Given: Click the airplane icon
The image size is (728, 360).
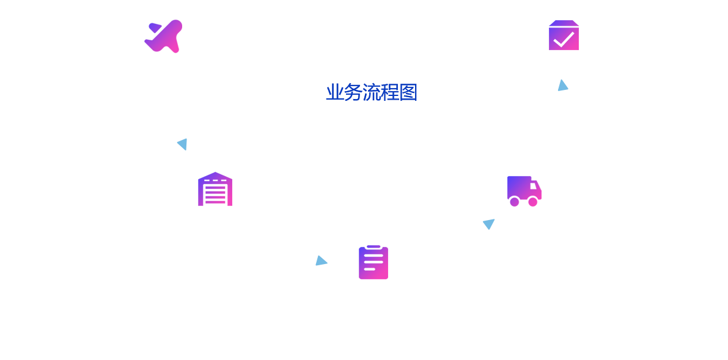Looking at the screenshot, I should [x=164, y=36].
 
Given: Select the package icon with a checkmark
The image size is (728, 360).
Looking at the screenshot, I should [x=564, y=35].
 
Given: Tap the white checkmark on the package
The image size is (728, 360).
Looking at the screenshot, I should [x=564, y=39].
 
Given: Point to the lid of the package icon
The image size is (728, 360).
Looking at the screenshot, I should [x=564, y=23].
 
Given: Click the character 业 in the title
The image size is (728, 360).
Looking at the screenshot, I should [x=335, y=93].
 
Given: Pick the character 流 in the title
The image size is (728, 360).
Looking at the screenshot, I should [x=371, y=93].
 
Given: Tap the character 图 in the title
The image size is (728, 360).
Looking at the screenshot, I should [x=408, y=93].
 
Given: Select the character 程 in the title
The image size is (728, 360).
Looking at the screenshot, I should [x=390, y=93].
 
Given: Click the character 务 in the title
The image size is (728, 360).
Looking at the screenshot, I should [x=353, y=93].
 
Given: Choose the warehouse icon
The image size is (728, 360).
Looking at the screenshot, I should [x=215, y=189].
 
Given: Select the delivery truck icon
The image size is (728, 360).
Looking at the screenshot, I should [x=524, y=191].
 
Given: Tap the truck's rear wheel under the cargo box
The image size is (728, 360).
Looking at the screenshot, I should [x=515, y=202].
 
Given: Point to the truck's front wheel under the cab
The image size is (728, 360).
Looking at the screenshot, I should [x=533, y=202].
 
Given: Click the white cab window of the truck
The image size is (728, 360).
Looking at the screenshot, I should [x=534, y=186].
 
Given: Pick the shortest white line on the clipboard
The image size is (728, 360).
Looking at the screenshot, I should [x=369, y=269].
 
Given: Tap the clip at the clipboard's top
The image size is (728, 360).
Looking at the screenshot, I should [x=373, y=247].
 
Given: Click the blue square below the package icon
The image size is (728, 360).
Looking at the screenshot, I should [x=563, y=85].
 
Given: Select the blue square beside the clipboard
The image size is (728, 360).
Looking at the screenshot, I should [x=322, y=260].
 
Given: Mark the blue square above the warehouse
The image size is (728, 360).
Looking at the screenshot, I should [x=182, y=145].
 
